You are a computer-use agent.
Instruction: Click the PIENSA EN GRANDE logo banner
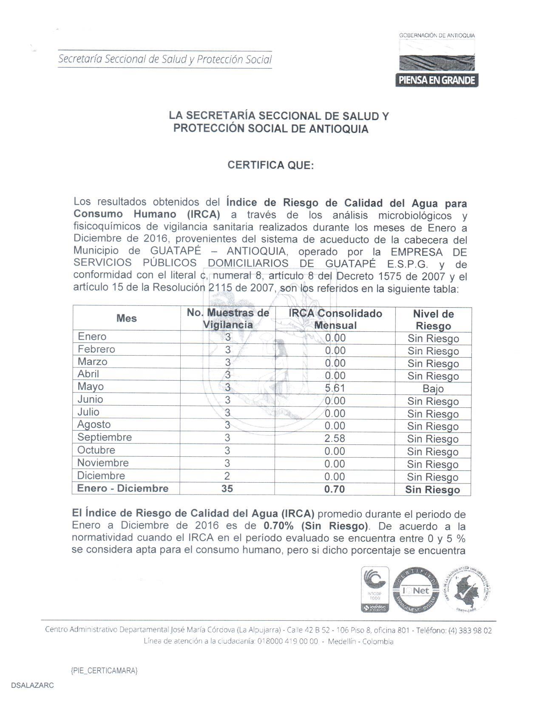437,80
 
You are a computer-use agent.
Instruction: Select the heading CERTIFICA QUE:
270,165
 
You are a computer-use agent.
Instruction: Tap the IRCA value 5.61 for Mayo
335,388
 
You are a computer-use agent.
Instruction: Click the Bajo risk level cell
433,389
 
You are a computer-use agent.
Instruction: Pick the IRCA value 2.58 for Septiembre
335,438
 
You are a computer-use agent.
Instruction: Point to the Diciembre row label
101,476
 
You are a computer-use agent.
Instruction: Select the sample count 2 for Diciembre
227,476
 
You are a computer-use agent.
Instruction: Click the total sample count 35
227,489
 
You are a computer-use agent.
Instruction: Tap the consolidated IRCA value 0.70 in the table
335,489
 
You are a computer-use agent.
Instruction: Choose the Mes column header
126,318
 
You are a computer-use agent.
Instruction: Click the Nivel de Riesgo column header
433,320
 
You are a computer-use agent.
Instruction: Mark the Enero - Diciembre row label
122,489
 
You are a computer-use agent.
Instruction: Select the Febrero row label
96,349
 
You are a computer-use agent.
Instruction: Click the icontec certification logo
375,589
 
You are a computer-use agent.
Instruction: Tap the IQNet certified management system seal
415,590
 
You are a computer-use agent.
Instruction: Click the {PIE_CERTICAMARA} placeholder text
104,670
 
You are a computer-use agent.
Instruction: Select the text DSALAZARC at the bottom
33,686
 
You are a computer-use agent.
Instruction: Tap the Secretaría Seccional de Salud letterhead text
165,59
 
